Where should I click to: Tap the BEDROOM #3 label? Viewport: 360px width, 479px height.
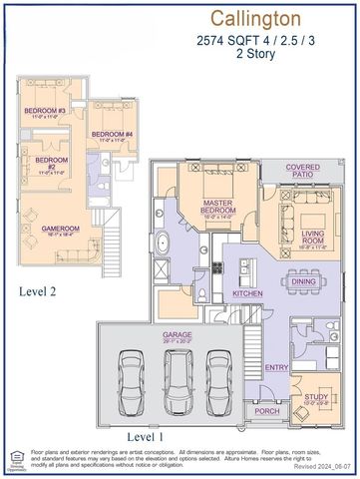click(46, 110)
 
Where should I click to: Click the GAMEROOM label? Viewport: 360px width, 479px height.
click(60, 229)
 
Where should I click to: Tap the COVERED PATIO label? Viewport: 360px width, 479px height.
click(302, 171)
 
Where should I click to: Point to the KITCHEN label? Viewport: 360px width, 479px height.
click(247, 294)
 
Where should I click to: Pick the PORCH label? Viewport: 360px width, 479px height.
click(267, 409)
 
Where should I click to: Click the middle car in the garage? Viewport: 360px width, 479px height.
click(178, 383)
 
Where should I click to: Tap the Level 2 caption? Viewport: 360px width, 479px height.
click(41, 291)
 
